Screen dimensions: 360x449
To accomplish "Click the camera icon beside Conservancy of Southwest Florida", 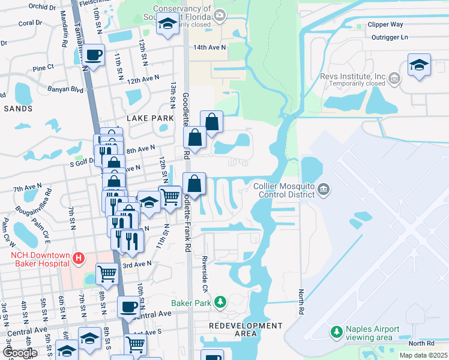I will (x=220, y=14).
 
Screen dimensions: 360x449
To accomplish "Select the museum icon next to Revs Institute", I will (x=394, y=77).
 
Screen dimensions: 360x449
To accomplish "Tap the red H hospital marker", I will (x=77, y=259).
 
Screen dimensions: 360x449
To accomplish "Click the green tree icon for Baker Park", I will (x=220, y=301).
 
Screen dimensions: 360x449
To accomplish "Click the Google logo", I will (x=19, y=353).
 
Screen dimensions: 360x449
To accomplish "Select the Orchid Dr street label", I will (x=41, y=8).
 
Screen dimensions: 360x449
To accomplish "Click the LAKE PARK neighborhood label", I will (x=149, y=118).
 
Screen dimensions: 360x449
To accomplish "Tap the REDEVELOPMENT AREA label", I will (x=246, y=329).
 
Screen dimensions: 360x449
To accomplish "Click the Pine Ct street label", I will (x=43, y=67).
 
